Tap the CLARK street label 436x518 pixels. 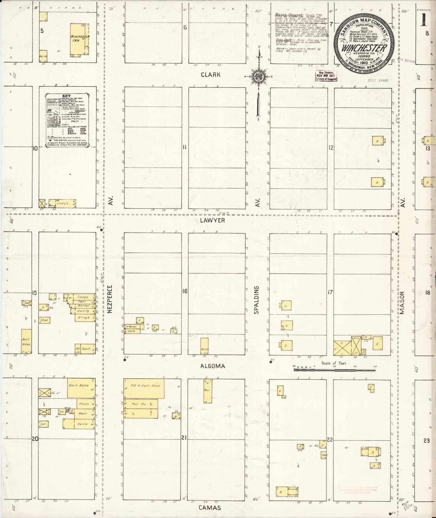[x=211, y=75]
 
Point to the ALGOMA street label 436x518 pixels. [x=212, y=366]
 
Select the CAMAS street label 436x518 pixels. [x=210, y=508]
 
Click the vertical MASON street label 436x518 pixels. [x=402, y=303]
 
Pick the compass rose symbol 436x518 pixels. [x=259, y=76]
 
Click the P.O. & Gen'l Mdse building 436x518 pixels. [x=144, y=388]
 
